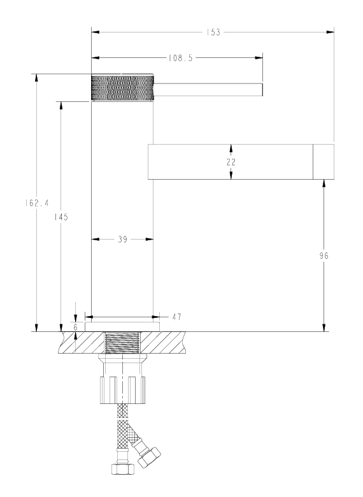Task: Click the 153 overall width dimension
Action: point(213,32)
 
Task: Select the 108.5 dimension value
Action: point(180,58)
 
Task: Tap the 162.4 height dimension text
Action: point(37,203)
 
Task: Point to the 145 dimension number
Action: point(60,217)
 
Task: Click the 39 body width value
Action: point(122,240)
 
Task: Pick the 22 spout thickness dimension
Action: point(231,162)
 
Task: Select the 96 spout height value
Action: point(324,256)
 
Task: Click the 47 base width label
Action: point(177,317)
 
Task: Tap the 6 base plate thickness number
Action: point(75,328)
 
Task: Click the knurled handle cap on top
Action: point(122,88)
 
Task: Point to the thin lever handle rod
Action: point(208,89)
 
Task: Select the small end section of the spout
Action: point(324,162)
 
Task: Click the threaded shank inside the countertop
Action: point(122,343)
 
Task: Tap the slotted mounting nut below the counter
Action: point(122,390)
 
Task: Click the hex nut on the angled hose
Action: point(149,457)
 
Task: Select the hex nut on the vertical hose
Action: point(123,468)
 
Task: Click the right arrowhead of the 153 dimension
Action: point(331,32)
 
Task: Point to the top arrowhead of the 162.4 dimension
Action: point(36,78)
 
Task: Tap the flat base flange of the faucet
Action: point(122,327)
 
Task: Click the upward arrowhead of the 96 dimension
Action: point(324,184)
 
